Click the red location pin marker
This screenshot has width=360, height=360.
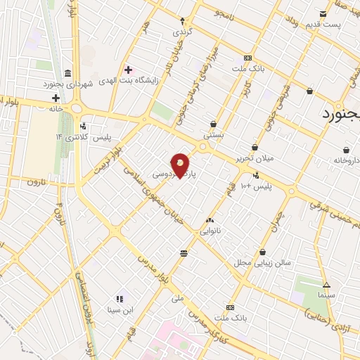181,165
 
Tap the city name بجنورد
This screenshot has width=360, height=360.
342,114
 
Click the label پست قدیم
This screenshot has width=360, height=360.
323,25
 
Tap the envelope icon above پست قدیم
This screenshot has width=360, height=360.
323,14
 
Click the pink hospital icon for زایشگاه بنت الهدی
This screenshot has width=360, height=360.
128,69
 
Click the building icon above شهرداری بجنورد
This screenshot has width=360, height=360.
67,74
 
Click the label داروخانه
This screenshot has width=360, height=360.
347,160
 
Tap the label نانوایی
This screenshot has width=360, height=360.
210,230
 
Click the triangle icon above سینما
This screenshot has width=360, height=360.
326,285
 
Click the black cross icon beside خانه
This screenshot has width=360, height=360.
55,97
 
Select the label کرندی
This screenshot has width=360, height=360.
182,32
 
